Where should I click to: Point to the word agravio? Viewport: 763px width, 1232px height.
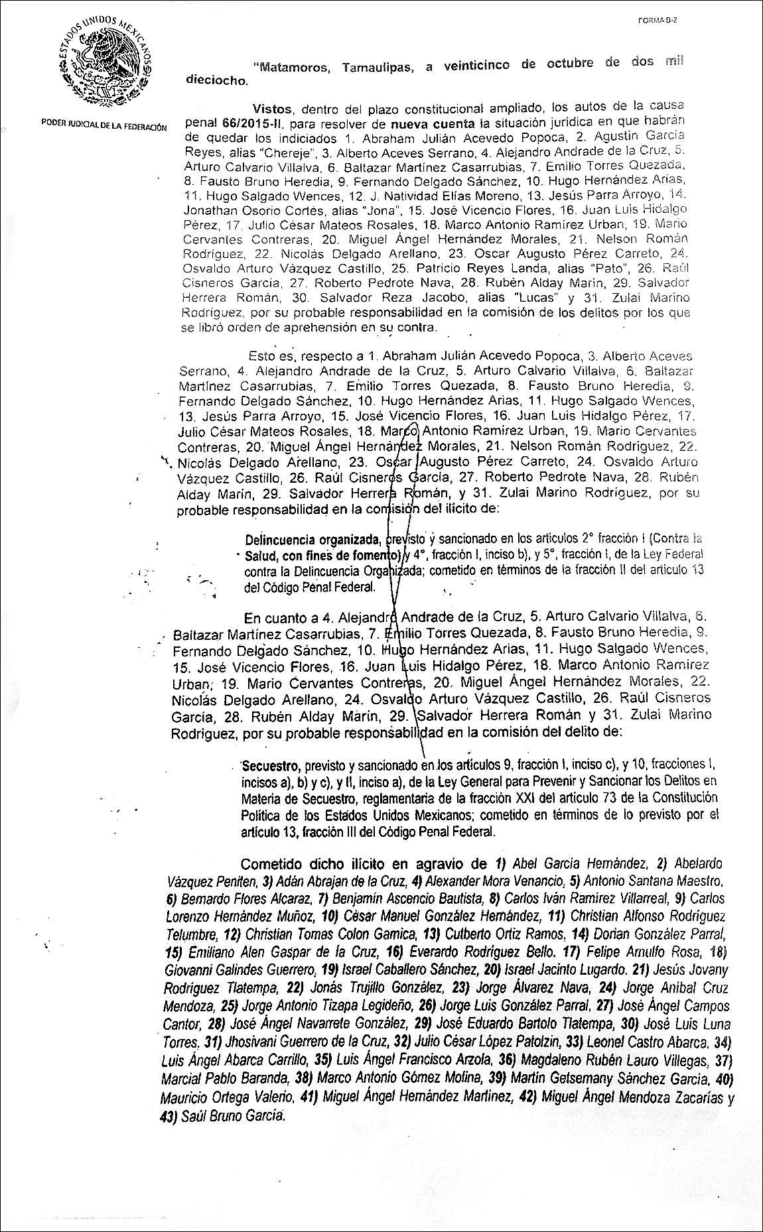pyautogui.click(x=437, y=864)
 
